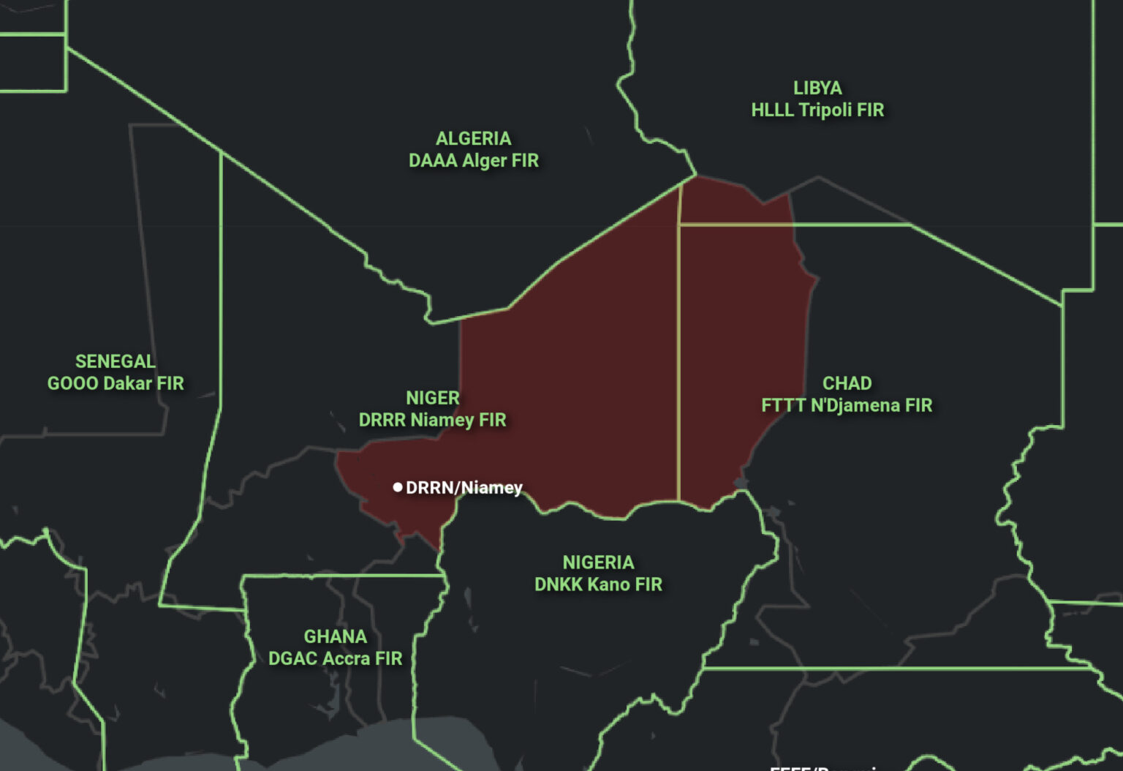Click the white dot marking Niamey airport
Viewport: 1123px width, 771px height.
tap(398, 487)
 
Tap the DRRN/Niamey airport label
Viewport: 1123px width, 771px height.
tap(464, 488)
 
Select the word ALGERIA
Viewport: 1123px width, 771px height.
tap(474, 138)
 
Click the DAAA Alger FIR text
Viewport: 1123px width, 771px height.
tap(474, 161)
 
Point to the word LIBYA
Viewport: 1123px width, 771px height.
tap(817, 88)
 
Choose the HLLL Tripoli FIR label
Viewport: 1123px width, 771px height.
tap(817, 110)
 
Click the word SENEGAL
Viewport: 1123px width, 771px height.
tap(116, 361)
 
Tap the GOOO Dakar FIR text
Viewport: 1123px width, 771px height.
tap(116, 384)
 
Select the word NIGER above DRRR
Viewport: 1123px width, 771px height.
tap(433, 398)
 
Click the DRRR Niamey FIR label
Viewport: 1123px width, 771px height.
tap(433, 421)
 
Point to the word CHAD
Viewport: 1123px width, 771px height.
tap(847, 383)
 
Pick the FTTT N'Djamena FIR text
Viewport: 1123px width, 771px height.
tap(847, 406)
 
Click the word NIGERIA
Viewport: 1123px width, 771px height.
tap(598, 563)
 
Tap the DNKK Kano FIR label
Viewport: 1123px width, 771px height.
tap(598, 585)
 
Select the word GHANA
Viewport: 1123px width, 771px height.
tap(336, 636)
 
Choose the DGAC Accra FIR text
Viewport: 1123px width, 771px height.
tap(336, 659)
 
